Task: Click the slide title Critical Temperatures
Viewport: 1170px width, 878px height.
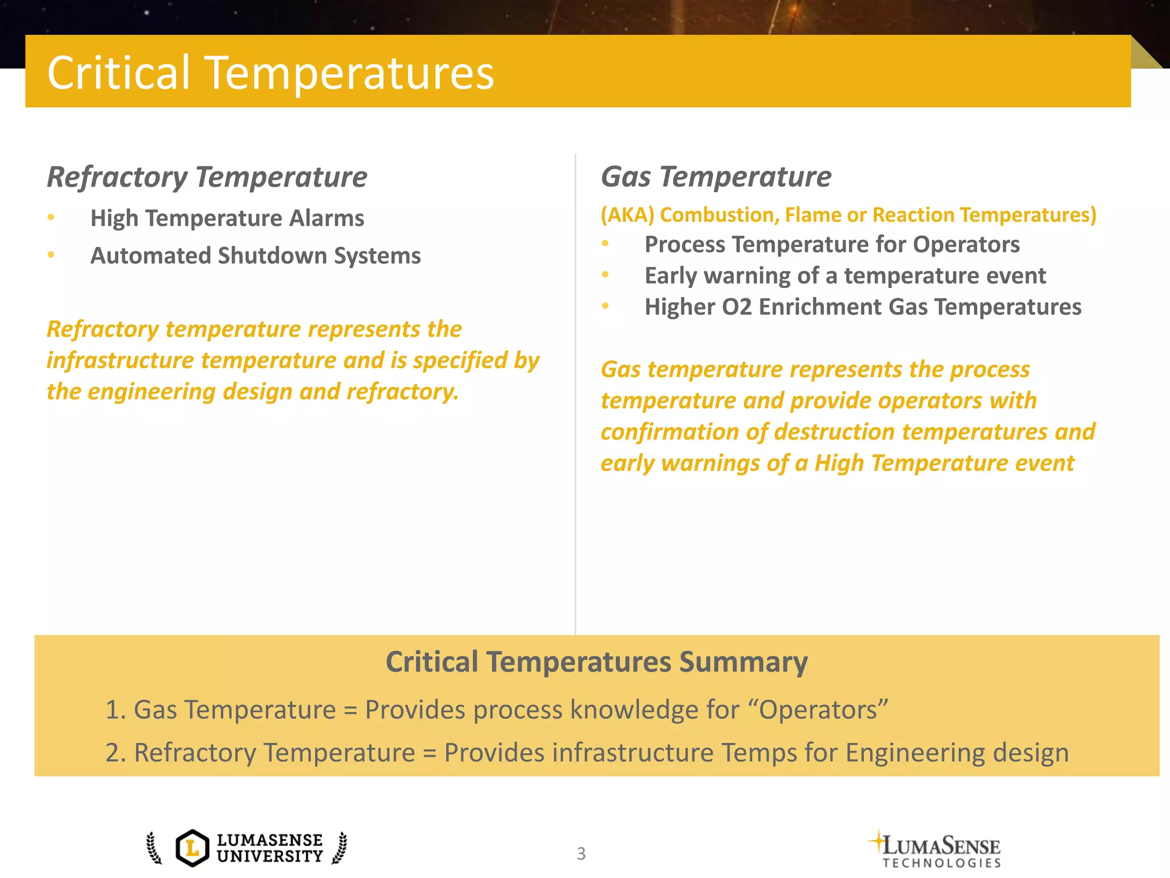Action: coord(270,73)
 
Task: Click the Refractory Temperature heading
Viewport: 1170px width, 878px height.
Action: coord(207,177)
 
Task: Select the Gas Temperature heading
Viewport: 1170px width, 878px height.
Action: coord(716,177)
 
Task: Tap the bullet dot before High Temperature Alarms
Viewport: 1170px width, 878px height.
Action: coord(51,217)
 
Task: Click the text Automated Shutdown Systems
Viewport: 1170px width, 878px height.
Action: coord(255,256)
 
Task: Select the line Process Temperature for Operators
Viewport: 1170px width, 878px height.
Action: coord(832,245)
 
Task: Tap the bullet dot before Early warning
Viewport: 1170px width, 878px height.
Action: coord(606,275)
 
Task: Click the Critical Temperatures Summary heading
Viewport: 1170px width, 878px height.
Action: coord(596,662)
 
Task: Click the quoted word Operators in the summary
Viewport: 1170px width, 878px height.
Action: coord(818,710)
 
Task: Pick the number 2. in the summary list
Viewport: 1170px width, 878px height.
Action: coord(115,753)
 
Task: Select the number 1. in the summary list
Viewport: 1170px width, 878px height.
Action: coord(115,710)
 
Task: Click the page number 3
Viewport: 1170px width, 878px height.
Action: coord(581,853)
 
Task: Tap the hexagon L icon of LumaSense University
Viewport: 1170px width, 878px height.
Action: coord(193,848)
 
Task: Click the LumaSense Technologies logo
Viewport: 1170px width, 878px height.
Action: coord(937,849)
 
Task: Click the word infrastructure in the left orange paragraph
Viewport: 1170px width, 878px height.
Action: coord(120,361)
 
